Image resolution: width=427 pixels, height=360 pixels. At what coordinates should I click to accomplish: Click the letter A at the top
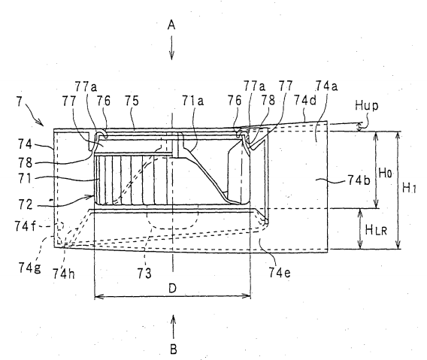click(x=171, y=25)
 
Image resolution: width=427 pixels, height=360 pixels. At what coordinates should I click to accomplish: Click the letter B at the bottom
click(x=173, y=349)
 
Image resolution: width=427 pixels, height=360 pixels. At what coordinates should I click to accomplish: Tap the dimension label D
click(x=172, y=288)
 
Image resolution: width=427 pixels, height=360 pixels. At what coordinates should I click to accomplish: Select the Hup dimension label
click(x=367, y=106)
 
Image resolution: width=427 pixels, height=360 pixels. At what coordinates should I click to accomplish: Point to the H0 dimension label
click(x=385, y=173)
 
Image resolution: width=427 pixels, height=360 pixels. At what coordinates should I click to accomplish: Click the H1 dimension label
click(x=409, y=188)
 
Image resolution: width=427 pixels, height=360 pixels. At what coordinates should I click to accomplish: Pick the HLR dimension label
click(x=376, y=231)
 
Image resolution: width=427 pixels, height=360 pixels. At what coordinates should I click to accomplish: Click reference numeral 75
click(x=132, y=101)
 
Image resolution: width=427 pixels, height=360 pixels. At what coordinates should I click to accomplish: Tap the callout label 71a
click(x=192, y=101)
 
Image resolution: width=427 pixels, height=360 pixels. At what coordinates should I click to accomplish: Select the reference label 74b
click(x=359, y=180)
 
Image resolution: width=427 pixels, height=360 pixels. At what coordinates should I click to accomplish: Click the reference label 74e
click(x=280, y=272)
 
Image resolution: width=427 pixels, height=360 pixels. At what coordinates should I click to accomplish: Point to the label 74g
click(x=29, y=268)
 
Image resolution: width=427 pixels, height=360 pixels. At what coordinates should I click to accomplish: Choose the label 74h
click(x=63, y=274)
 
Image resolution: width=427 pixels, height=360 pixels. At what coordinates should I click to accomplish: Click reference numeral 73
click(x=144, y=274)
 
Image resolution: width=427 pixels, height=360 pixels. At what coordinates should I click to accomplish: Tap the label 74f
click(x=25, y=226)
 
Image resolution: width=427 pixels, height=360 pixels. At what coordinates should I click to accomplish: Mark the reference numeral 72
click(x=26, y=204)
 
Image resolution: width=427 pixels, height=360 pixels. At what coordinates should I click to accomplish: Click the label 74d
click(x=305, y=101)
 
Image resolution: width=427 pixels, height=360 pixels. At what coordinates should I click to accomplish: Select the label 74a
click(x=326, y=86)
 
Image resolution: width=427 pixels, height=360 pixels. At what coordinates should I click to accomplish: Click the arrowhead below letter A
click(x=171, y=56)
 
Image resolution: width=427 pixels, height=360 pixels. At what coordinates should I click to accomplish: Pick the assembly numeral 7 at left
click(x=19, y=101)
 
